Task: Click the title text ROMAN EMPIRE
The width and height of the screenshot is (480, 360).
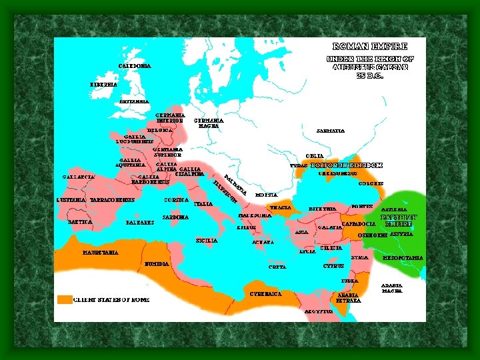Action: point(369,47)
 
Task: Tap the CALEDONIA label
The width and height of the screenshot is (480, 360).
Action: point(135,66)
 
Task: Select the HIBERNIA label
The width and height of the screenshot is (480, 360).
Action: point(103,85)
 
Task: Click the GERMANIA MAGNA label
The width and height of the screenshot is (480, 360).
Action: point(209,123)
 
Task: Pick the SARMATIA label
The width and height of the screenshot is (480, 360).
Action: point(331,131)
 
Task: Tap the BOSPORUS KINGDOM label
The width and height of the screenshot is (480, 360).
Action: point(347,165)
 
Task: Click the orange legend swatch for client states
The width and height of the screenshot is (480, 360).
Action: point(64,300)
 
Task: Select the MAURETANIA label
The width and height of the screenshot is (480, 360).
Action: point(101,253)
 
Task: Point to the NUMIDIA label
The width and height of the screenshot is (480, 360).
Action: point(156,263)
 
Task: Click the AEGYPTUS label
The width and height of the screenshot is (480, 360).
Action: point(319,311)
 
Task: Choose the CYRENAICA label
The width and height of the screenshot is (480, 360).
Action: point(265,293)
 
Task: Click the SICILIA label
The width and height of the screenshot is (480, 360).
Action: point(207,240)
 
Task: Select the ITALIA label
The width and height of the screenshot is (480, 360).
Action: point(203,203)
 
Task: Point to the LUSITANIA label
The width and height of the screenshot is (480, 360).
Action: point(71,200)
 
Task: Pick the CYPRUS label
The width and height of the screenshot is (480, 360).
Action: point(333,265)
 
